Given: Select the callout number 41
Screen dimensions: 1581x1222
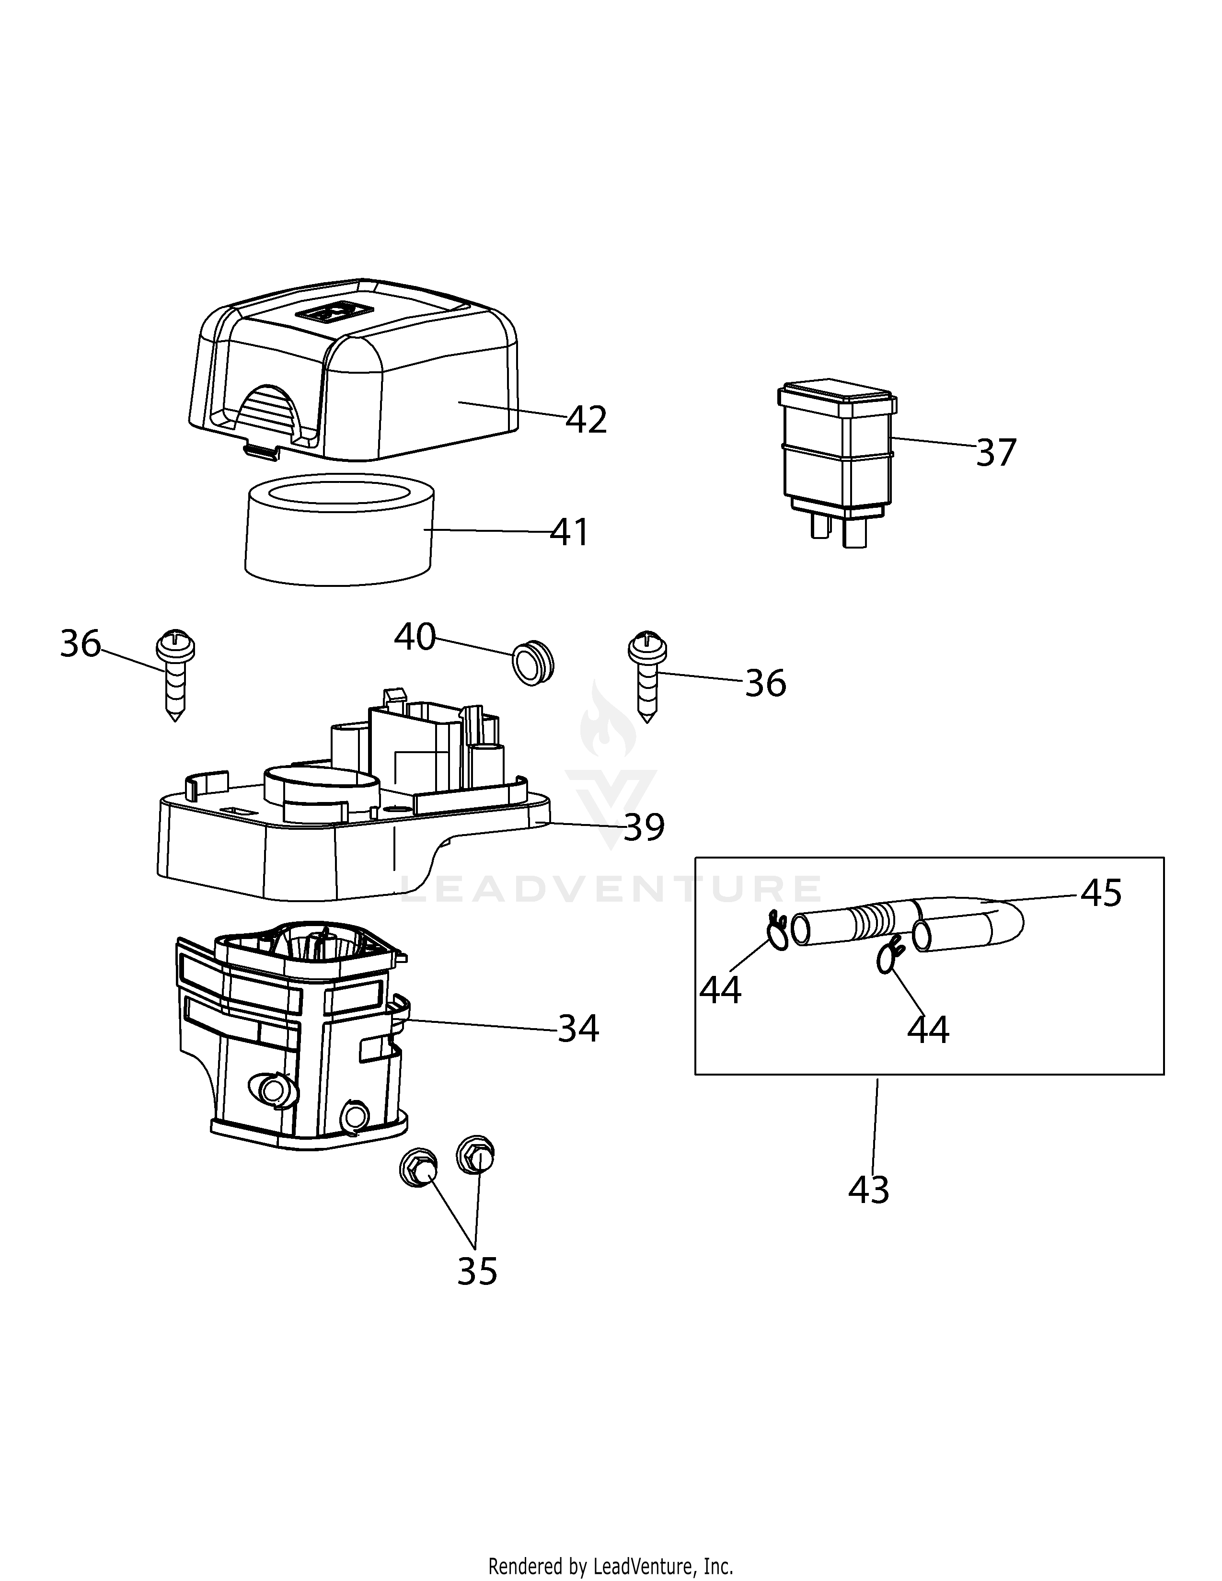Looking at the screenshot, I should point(570,532).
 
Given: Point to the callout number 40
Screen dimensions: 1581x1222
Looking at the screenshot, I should point(415,637).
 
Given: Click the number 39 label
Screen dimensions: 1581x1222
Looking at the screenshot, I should point(644,827).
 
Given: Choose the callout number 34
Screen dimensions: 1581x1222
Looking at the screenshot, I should point(578,1028).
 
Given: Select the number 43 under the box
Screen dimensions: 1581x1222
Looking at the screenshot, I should point(869,1190).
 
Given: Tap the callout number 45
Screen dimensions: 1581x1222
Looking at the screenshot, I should point(1101,894).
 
